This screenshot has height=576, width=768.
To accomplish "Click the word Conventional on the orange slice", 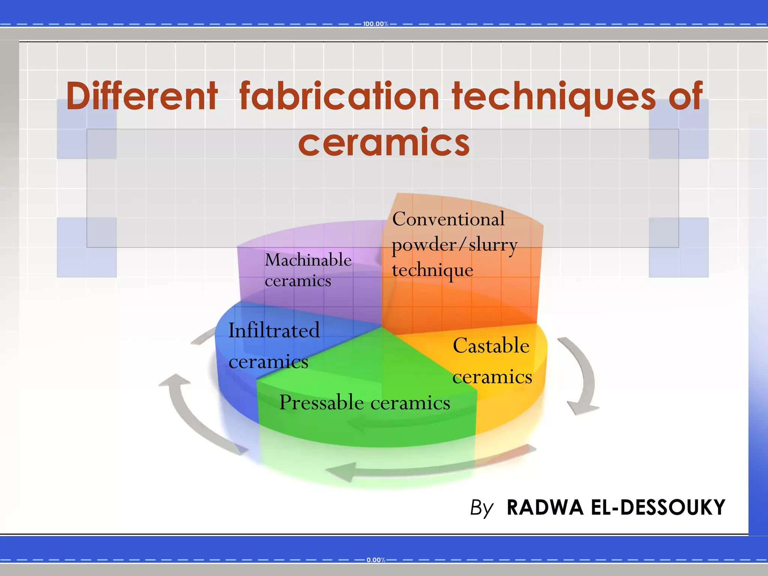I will point(448,219).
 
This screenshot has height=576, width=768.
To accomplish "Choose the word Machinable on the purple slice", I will point(308,260).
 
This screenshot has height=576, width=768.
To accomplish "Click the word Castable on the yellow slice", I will point(491,345).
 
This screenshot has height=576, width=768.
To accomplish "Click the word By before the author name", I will point(481,508).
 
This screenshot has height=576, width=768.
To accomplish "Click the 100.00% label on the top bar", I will point(375,24).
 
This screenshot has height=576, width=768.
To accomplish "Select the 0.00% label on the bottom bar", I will point(376,560).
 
